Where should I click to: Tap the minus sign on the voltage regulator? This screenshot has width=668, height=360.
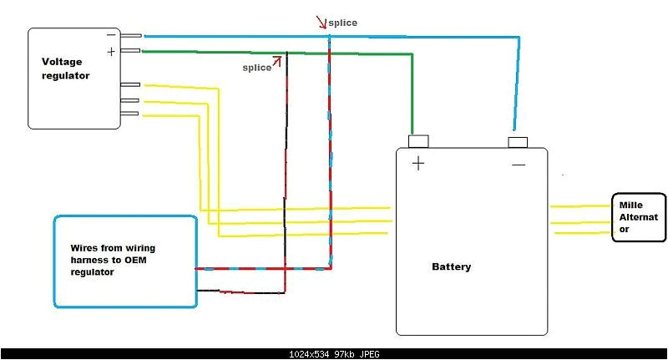pos(111,35)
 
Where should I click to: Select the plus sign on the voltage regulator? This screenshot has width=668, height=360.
pos(111,52)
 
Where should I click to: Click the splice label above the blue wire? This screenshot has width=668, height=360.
pos(342,23)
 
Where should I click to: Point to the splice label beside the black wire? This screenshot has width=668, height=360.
pos(256,68)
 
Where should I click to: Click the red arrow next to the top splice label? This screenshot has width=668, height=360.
pos(321,21)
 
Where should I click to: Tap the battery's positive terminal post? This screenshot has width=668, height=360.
pos(417,140)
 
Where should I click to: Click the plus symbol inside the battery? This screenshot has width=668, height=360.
pos(417,164)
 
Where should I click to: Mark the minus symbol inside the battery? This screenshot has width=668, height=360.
pos(519,165)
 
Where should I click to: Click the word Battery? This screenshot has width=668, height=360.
pos(451,267)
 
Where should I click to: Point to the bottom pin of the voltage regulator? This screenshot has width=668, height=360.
pos(129,114)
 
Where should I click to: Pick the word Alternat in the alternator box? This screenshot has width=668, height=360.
pos(638,217)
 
